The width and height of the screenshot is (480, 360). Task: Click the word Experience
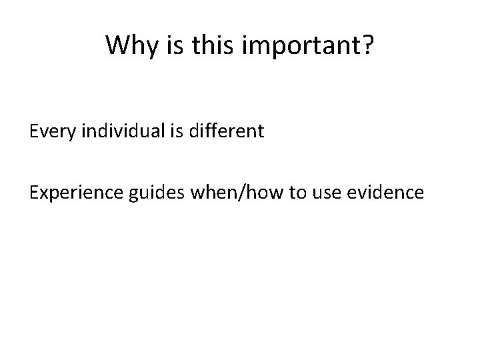[71, 193]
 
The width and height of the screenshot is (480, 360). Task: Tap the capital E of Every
[33, 131]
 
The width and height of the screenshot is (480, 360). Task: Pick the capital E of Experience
[33, 193]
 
